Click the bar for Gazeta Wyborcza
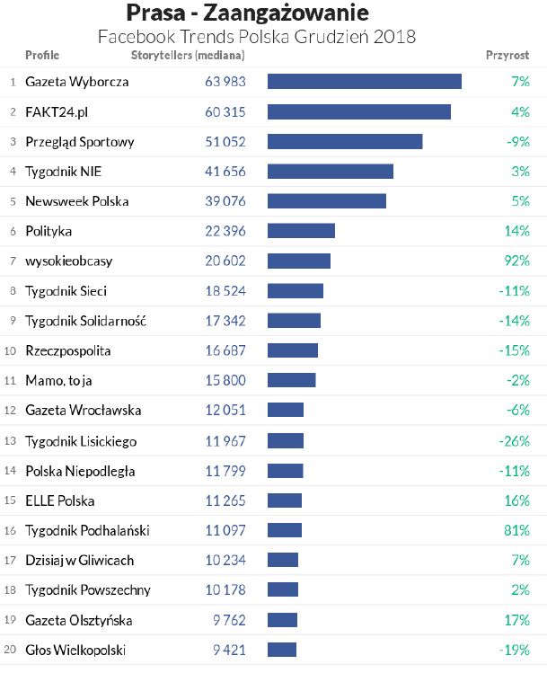[x=364, y=82]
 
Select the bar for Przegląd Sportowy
[x=344, y=142]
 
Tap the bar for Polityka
[x=301, y=231]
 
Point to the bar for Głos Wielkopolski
[x=281, y=650]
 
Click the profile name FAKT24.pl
[x=57, y=111]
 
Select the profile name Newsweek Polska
[x=76, y=201]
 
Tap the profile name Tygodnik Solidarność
[x=85, y=321]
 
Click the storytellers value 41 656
[x=225, y=172]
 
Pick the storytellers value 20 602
[x=225, y=261]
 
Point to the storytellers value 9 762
[x=227, y=620]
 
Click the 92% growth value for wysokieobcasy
[x=517, y=261]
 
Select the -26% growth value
[x=514, y=441]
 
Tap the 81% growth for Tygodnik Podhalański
[x=517, y=530]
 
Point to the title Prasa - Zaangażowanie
[x=247, y=14]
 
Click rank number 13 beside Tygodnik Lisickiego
[x=11, y=441]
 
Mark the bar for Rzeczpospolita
[x=292, y=350]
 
